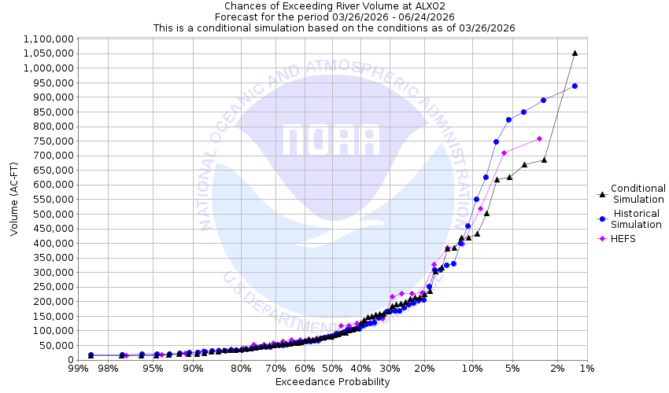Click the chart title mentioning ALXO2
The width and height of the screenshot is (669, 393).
click(x=334, y=6)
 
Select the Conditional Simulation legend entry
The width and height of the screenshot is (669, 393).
click(x=638, y=193)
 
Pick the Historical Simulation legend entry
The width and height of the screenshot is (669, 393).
click(x=638, y=219)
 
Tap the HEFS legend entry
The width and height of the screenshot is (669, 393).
click(x=626, y=238)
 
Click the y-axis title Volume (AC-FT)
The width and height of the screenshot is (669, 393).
click(x=14, y=199)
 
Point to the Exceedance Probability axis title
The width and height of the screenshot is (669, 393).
click(x=332, y=382)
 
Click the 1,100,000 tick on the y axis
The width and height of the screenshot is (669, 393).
click(x=49, y=39)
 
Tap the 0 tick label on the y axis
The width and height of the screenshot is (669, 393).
click(x=70, y=359)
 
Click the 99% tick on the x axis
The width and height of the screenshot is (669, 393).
click(x=77, y=369)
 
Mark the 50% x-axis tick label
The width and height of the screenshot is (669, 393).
click(x=332, y=369)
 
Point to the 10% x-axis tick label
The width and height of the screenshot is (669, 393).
click(x=472, y=369)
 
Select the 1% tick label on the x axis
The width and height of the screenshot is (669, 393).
click(x=586, y=369)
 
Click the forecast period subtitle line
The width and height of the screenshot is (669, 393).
click(x=334, y=17)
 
